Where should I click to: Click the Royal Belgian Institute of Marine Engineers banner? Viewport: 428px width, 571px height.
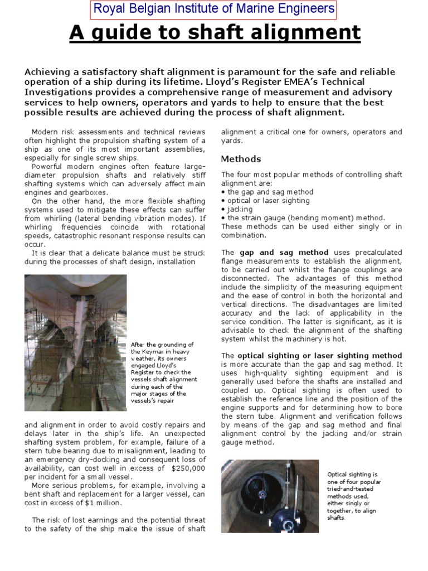[214, 9]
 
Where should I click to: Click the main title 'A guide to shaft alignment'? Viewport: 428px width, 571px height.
[215, 33]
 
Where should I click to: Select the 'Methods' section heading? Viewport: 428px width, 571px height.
[241, 159]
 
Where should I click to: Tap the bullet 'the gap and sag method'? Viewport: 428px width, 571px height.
[261, 192]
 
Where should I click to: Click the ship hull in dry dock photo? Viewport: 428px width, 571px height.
[75, 342]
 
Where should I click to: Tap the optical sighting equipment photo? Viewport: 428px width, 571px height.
[270, 496]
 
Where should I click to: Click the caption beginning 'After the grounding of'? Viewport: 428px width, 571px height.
[163, 372]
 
